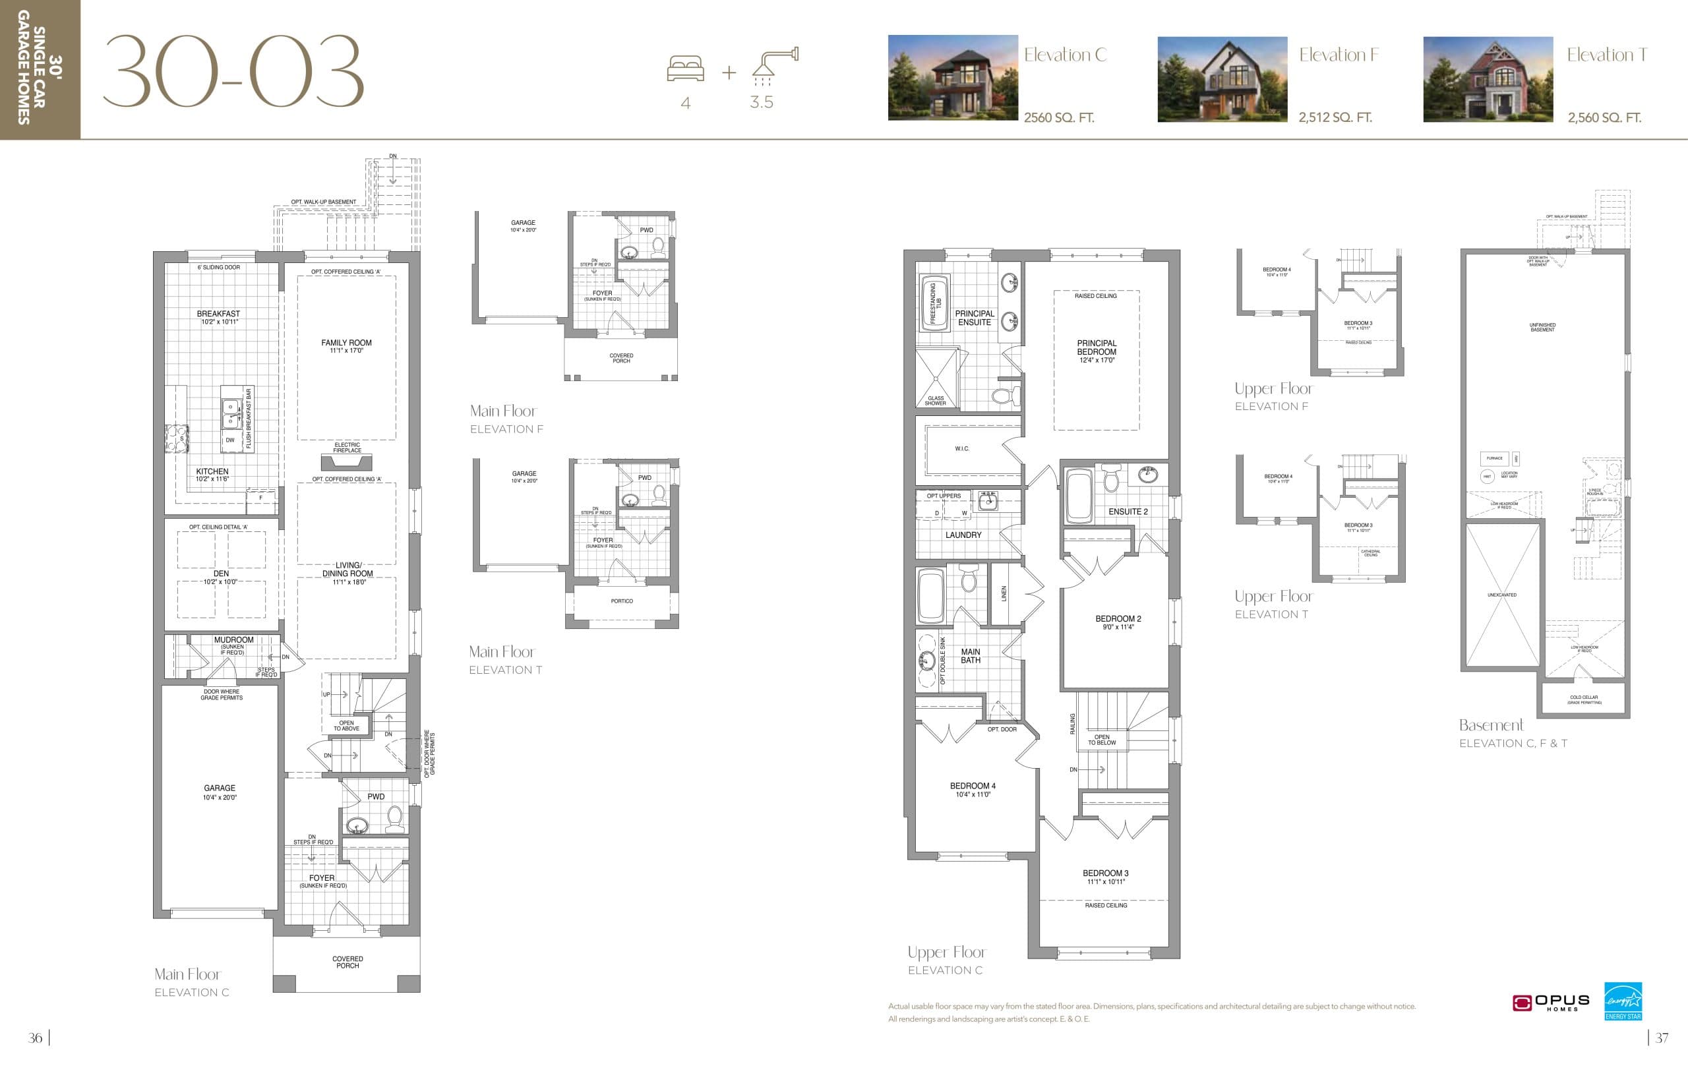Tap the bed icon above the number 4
click(686, 69)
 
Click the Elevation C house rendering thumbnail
click(953, 78)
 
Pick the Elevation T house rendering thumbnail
click(1488, 79)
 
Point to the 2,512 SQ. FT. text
click(1335, 118)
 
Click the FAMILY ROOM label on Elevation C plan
click(346, 343)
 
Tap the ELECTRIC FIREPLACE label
click(347, 447)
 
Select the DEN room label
click(221, 574)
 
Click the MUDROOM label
click(233, 640)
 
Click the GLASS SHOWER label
click(935, 400)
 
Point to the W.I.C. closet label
click(962, 448)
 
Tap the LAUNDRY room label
click(963, 535)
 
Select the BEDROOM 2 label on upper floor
click(1118, 619)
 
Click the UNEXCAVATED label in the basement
click(1501, 595)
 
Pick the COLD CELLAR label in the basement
click(1584, 699)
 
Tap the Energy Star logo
click(1623, 1001)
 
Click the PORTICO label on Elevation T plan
click(622, 601)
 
